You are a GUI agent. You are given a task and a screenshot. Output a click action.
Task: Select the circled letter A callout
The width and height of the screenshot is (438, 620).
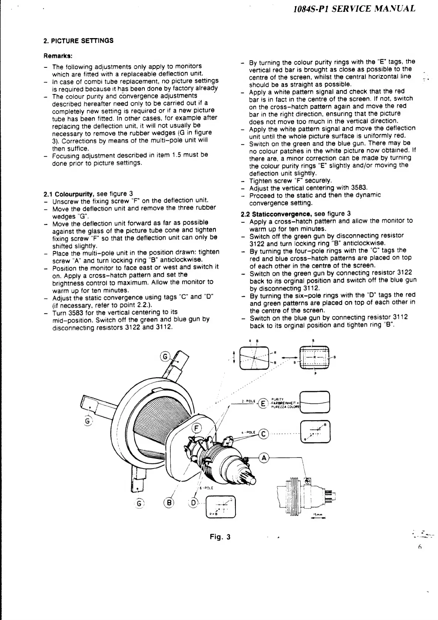(264, 458)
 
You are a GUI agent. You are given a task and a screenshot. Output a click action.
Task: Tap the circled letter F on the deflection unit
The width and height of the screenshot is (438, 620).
(197, 429)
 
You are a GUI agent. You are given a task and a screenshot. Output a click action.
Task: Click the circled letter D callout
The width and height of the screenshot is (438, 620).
(193, 502)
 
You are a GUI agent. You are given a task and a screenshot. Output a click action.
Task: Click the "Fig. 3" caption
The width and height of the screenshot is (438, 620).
(220, 537)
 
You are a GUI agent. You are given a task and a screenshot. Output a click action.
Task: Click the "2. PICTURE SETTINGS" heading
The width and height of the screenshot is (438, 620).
(78, 41)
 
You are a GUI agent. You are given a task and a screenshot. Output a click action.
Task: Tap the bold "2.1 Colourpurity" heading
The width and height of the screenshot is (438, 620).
(69, 194)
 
